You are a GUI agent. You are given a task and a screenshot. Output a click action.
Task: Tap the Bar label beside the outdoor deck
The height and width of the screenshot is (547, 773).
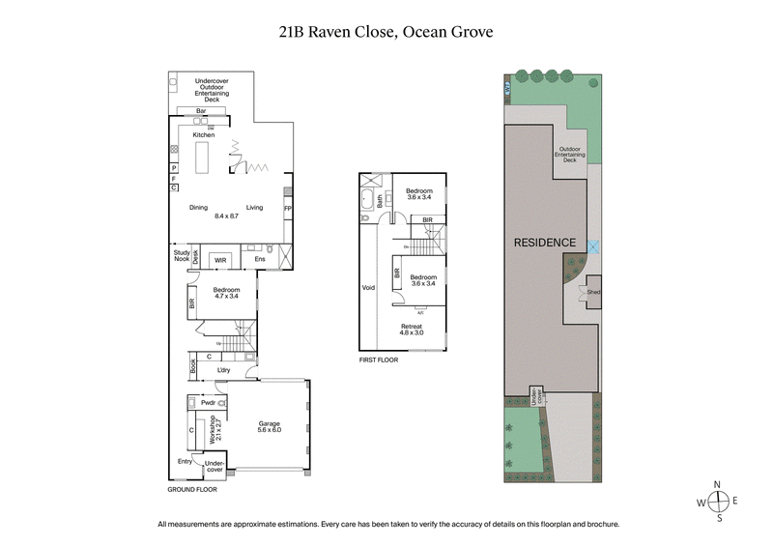tap(201, 112)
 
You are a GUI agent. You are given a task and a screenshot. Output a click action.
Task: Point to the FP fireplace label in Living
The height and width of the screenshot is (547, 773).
tap(287, 208)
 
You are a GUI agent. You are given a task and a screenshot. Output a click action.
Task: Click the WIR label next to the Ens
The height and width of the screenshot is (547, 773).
tap(220, 259)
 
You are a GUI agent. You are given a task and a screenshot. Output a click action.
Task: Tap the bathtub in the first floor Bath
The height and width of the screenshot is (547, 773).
tap(368, 201)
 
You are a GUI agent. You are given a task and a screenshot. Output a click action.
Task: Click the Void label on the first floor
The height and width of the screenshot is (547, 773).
tap(367, 288)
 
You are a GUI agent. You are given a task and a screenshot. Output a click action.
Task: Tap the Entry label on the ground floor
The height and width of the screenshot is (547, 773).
tap(185, 461)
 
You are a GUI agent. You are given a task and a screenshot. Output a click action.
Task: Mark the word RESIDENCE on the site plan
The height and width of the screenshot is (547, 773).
tap(544, 243)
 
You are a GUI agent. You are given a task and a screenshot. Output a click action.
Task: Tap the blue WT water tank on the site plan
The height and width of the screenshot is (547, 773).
tap(507, 90)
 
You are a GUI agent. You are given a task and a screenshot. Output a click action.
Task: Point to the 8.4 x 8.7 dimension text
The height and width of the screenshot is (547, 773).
tap(226, 216)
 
